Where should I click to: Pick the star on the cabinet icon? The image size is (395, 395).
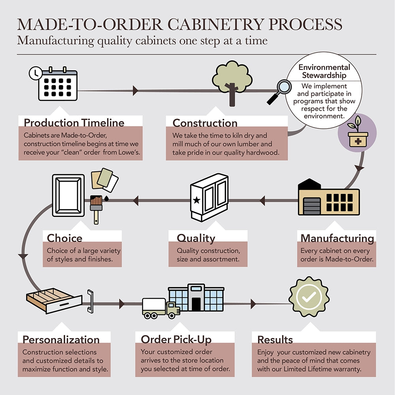[x=196, y=200]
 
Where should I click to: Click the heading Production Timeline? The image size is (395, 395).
[x=74, y=122]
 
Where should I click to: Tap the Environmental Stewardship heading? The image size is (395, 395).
[x=324, y=71]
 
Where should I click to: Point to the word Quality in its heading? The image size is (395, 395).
[x=196, y=238]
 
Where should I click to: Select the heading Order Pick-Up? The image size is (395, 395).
[x=176, y=339]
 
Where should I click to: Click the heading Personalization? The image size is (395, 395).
[x=61, y=340]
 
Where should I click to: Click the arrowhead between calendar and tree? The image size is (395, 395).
[x=135, y=90]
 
